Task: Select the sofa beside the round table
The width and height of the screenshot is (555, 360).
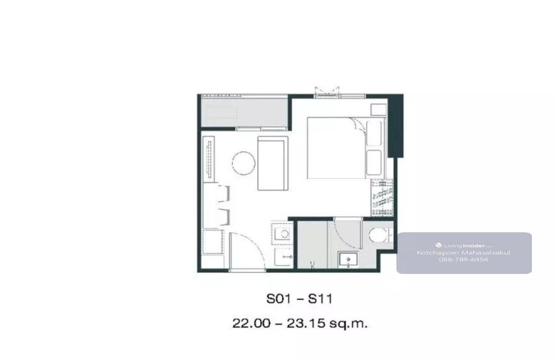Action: (x=273, y=163)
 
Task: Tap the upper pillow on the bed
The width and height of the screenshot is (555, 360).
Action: (x=374, y=133)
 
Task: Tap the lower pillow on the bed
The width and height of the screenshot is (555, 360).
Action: (x=374, y=162)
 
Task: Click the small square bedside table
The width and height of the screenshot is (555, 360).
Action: (x=379, y=110)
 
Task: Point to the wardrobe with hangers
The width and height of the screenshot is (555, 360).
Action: (x=382, y=198)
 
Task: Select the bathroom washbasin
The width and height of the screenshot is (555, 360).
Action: (x=348, y=260)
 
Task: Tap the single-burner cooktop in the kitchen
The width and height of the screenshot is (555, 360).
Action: (x=283, y=233)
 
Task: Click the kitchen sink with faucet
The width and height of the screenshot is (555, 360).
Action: (x=283, y=257)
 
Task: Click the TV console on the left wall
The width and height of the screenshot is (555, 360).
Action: (x=209, y=159)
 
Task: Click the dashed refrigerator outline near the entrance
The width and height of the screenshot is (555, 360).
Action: (x=213, y=242)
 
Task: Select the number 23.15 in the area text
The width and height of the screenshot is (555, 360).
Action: (x=306, y=323)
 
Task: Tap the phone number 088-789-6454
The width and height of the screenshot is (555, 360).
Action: (x=463, y=260)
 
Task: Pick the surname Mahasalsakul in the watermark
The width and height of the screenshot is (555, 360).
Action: (x=487, y=253)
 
